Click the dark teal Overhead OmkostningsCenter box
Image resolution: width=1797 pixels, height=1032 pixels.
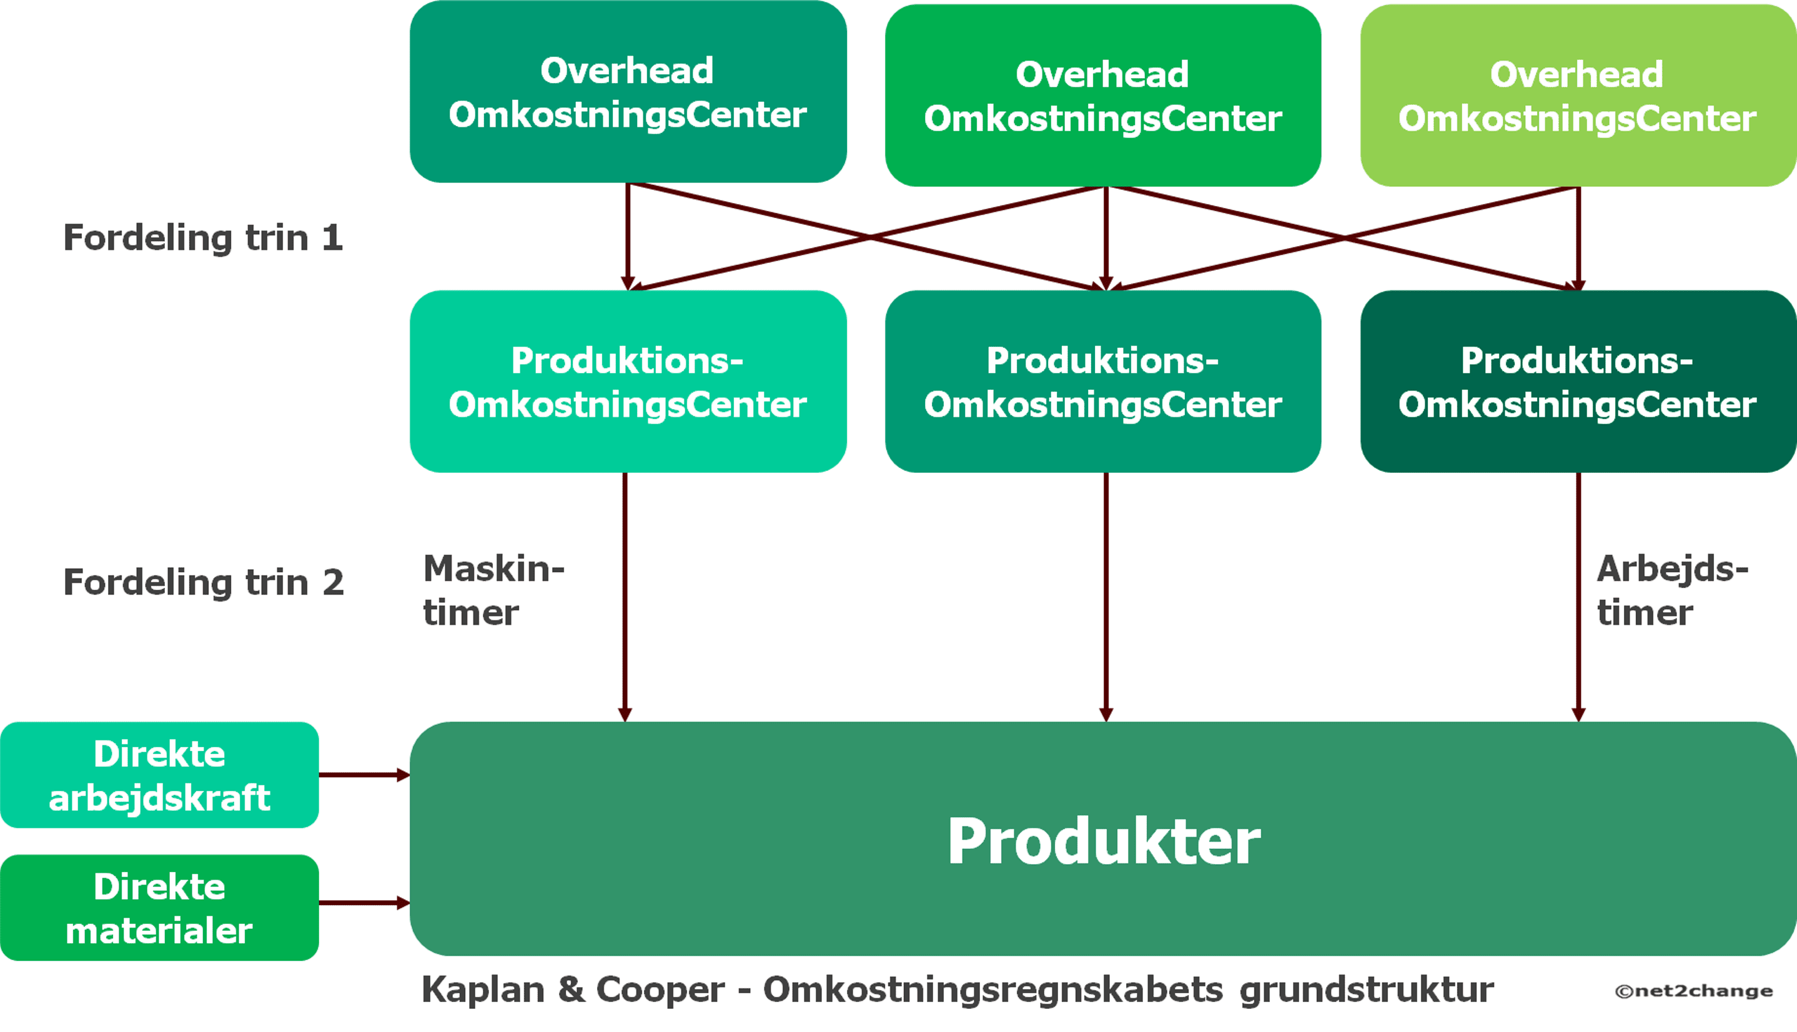(x=628, y=92)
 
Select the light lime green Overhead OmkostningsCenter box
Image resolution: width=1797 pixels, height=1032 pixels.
(x=1577, y=96)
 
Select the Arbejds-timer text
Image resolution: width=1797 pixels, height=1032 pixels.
(x=1672, y=590)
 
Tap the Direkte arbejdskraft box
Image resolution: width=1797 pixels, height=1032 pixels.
(x=159, y=775)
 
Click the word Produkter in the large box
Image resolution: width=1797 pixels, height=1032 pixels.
(x=1103, y=841)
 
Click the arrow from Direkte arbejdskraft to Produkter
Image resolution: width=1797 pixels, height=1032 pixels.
(x=363, y=775)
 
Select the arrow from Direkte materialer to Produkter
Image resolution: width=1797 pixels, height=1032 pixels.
(x=363, y=903)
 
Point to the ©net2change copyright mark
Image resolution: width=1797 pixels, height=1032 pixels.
(x=1693, y=991)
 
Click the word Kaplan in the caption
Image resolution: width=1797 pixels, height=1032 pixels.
(x=483, y=990)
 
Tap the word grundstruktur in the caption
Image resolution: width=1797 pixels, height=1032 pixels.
(x=1365, y=990)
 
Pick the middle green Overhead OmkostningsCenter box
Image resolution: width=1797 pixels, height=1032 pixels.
(x=1102, y=96)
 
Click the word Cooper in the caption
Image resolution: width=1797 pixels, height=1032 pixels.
(x=660, y=990)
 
